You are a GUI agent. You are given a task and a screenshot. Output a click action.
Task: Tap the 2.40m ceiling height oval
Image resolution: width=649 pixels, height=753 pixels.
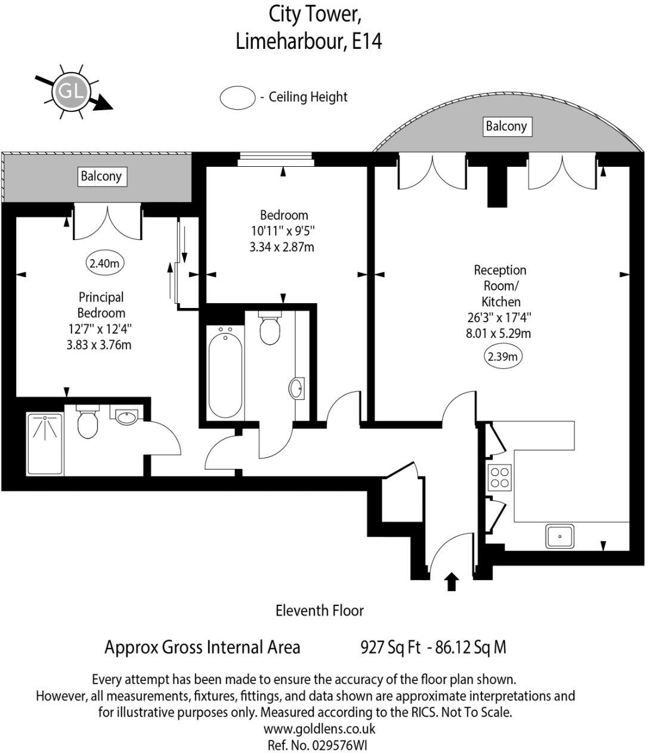point(105,263)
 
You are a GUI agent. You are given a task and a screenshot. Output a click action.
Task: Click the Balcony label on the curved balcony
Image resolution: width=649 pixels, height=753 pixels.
point(506,126)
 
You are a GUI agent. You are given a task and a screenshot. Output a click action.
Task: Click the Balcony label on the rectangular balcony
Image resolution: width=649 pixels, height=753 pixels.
point(101,176)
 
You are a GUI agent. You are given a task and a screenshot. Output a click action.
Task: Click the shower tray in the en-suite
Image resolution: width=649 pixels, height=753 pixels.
point(45,443)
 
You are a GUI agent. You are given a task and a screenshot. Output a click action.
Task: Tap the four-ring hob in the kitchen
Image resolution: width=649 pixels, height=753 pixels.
point(499,477)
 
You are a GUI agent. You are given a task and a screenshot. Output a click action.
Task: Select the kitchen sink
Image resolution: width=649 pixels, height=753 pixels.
point(560,536)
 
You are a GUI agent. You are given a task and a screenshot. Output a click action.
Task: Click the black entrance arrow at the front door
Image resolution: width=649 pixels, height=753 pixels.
point(452,581)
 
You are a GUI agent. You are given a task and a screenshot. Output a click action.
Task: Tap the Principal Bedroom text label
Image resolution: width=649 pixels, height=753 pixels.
point(101,304)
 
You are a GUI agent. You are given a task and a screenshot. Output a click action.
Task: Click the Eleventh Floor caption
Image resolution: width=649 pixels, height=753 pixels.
point(319,610)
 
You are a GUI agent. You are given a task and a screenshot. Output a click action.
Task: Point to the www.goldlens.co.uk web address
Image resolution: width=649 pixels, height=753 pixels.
point(319,728)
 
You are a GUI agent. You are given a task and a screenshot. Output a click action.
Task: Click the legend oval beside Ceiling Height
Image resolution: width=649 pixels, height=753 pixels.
point(237,97)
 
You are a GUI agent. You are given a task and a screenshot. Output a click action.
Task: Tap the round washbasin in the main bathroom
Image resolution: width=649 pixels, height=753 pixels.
point(296,389)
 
